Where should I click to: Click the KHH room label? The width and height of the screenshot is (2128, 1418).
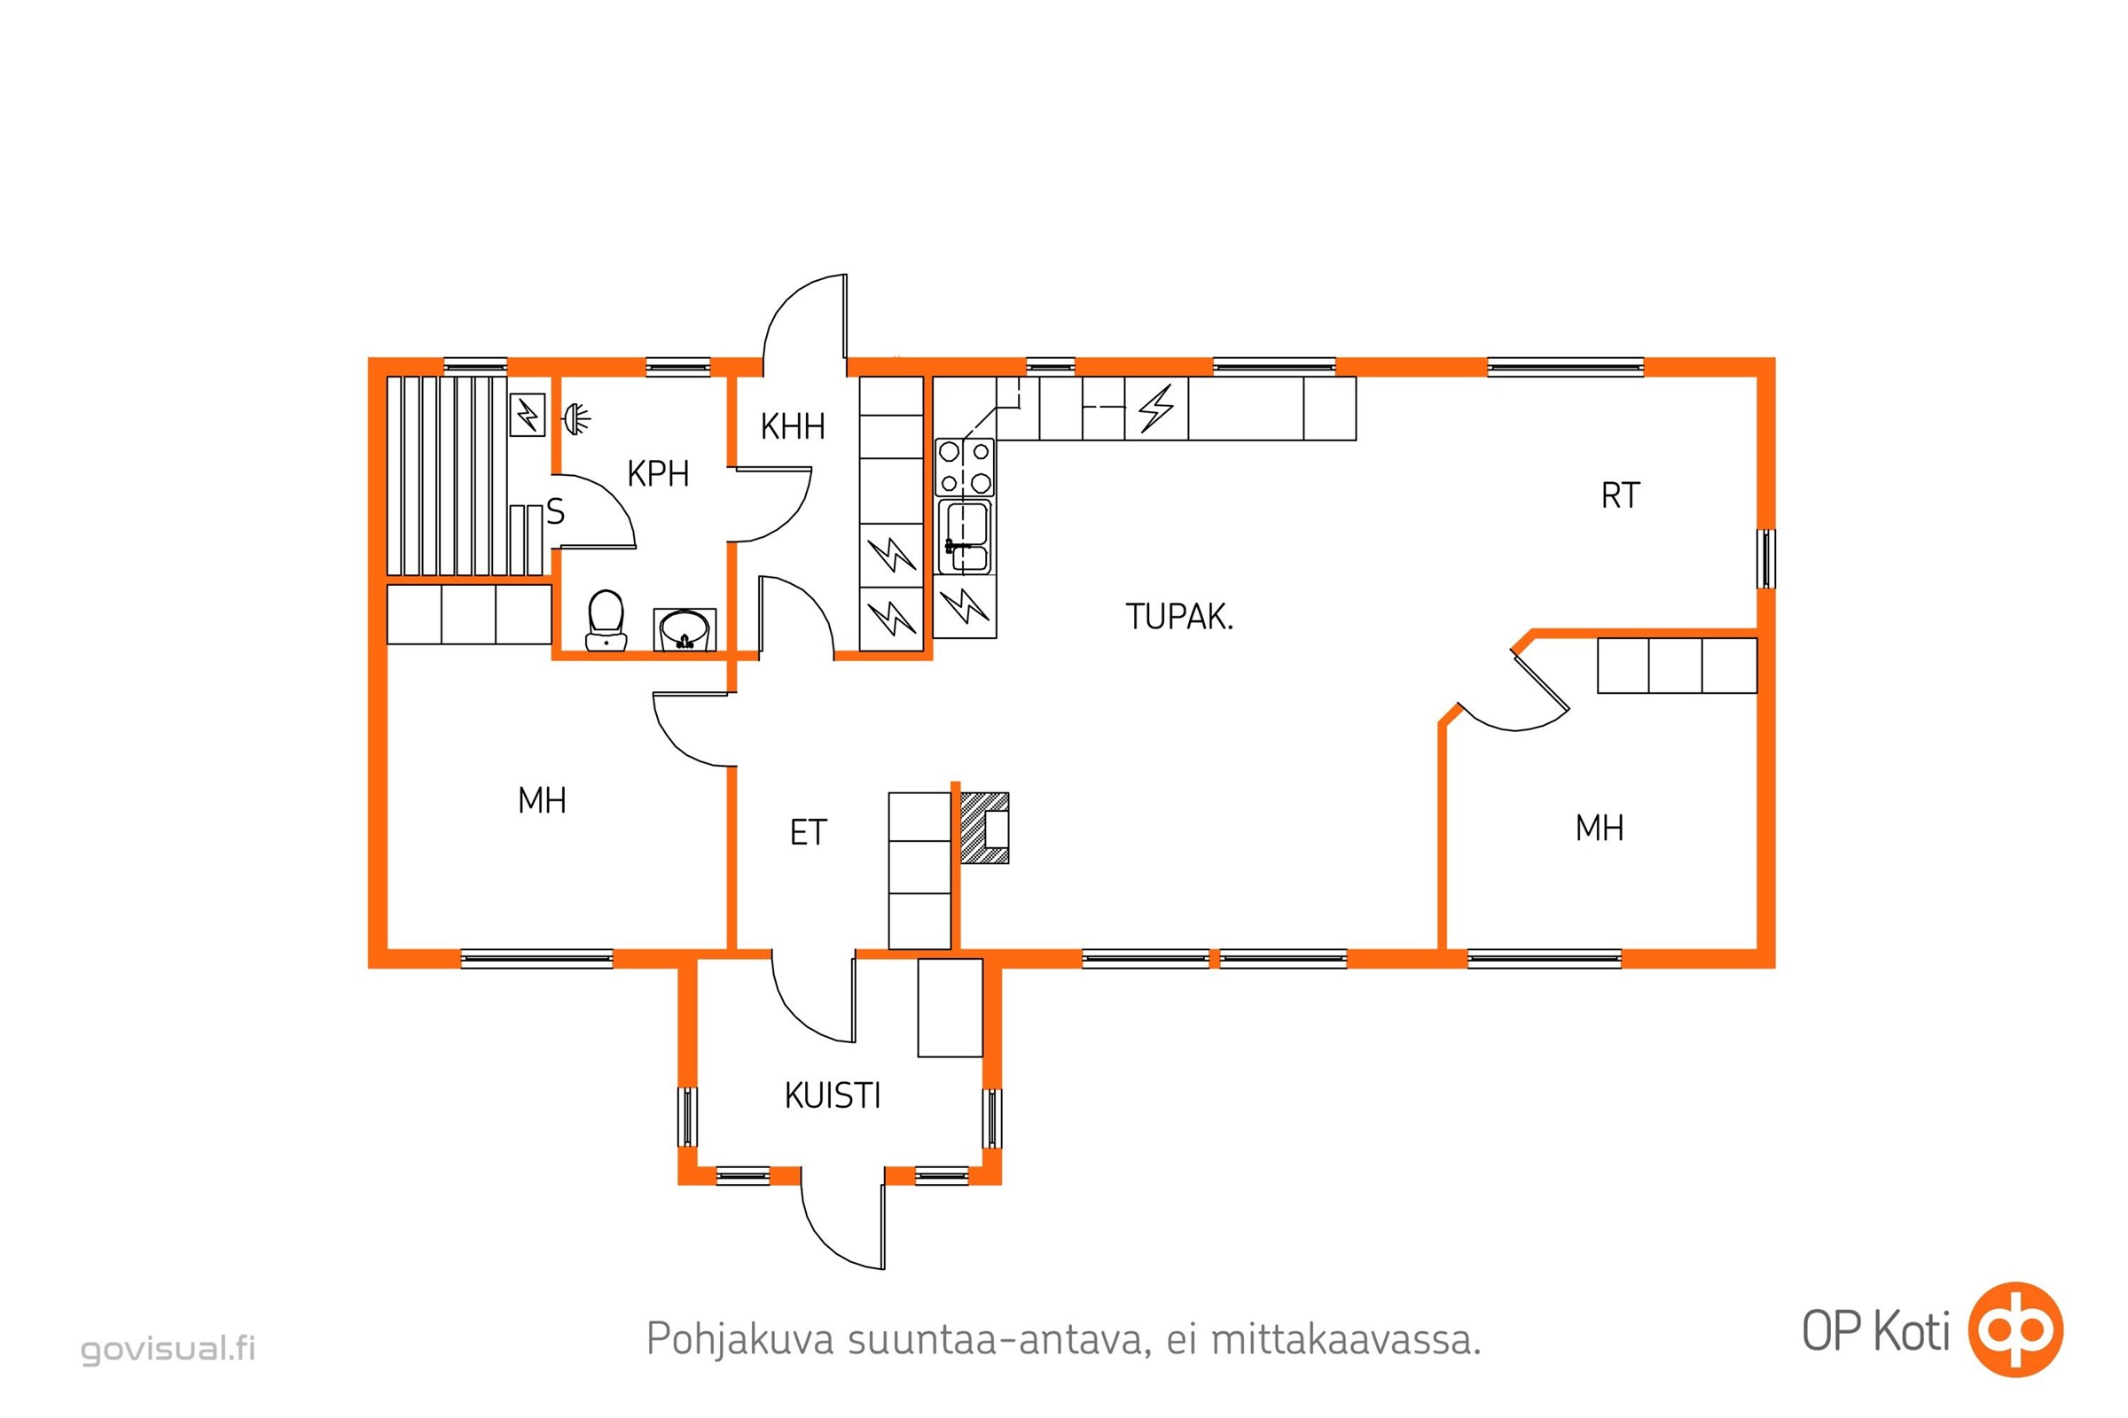(793, 426)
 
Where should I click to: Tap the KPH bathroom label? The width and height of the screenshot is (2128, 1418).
(658, 474)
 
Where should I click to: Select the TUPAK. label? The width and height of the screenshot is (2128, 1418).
(1179, 617)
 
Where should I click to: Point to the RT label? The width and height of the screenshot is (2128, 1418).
(1620, 495)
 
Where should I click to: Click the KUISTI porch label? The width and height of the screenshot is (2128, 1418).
(833, 1096)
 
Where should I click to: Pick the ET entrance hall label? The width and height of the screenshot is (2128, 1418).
(808, 833)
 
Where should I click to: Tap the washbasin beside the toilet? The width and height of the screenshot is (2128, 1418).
(685, 629)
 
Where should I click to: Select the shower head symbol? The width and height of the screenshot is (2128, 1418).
(576, 417)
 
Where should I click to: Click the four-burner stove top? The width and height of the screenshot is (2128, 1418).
(965, 467)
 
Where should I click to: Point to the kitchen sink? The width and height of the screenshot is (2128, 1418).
(965, 537)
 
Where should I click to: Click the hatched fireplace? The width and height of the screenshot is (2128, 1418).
(983, 829)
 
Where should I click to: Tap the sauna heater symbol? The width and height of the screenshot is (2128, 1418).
(528, 415)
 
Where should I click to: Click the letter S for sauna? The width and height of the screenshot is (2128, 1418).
(556, 512)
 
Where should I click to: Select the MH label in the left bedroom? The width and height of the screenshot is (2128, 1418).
(542, 800)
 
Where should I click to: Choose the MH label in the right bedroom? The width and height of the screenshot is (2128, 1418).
(1600, 829)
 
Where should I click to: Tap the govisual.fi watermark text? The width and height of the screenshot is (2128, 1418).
(168, 1348)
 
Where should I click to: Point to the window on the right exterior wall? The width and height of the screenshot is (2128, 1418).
(1765, 559)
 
